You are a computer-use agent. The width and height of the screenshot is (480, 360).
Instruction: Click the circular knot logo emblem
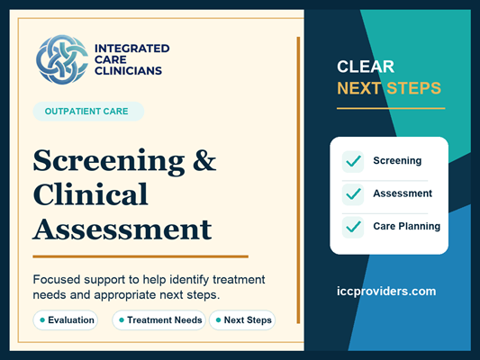[x=62, y=59]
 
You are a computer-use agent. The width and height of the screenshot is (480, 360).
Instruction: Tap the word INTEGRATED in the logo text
[x=132, y=49]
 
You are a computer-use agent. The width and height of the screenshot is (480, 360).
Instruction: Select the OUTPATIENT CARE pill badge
[x=88, y=112]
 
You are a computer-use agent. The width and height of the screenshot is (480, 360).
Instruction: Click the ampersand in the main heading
[x=204, y=160]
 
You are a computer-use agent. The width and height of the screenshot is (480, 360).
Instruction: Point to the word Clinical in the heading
[x=91, y=194]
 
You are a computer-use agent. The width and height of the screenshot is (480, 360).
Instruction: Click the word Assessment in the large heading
[x=122, y=229]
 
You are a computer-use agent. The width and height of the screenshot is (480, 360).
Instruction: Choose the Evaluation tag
[x=66, y=320]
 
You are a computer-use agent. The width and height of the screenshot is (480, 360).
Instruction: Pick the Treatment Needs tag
[x=158, y=320]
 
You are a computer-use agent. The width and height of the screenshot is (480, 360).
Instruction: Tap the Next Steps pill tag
[x=242, y=320]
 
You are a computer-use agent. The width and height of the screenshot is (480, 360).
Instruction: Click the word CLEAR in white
[x=366, y=67]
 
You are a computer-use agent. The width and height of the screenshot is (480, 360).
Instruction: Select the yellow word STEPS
[x=413, y=88]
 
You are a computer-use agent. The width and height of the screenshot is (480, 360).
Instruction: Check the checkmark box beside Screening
[x=353, y=161]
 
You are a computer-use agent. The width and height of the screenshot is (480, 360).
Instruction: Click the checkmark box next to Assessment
[x=353, y=194]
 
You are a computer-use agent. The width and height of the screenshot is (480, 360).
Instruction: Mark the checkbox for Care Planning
[x=353, y=227]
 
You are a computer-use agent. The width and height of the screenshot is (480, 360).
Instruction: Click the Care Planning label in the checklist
[x=406, y=226]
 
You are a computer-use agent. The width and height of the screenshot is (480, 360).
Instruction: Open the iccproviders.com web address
[x=386, y=292]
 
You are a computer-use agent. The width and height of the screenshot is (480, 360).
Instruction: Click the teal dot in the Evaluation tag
[x=42, y=320]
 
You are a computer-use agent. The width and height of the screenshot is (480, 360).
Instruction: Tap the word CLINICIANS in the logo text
[x=128, y=71]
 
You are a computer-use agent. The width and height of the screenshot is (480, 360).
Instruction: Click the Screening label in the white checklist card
[x=397, y=161]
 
